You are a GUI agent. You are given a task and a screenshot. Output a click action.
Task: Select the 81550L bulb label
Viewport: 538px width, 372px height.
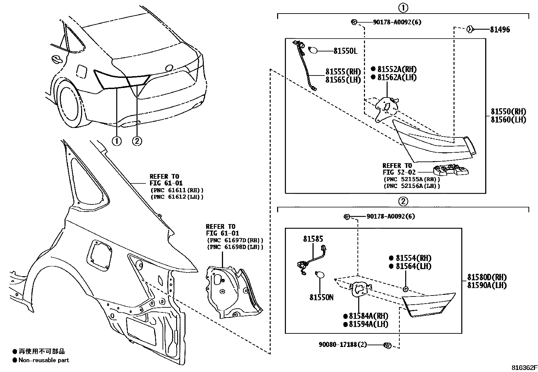point(345,51)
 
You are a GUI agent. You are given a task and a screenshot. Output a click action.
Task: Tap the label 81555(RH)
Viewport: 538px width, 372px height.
point(343,72)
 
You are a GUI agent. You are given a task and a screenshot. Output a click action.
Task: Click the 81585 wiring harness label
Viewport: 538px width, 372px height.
point(313,239)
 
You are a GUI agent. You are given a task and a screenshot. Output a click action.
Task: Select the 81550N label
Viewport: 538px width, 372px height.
point(321,298)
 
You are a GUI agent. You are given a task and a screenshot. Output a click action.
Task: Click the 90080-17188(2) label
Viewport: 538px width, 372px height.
point(342,345)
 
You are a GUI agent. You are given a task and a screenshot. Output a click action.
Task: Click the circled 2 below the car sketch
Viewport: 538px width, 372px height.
point(137,141)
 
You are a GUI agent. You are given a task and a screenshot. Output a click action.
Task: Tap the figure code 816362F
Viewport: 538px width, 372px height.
point(523,368)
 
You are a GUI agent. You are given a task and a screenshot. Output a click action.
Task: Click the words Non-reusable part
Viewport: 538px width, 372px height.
point(44,360)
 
